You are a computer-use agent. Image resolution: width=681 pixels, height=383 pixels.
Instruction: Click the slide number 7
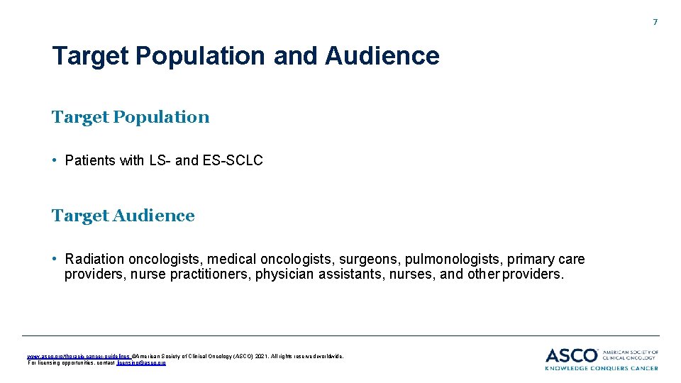tap(655, 23)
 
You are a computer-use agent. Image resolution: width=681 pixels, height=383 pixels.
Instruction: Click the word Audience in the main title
tap(382, 55)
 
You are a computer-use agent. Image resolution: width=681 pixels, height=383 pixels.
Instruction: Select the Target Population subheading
tap(131, 117)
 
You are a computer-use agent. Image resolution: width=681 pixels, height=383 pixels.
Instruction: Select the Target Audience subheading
tap(123, 216)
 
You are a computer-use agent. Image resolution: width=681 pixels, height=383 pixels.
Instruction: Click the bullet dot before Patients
tap(55, 160)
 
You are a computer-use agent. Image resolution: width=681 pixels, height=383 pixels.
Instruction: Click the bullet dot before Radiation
tap(55, 259)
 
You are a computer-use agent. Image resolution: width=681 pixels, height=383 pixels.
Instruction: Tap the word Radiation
tap(94, 260)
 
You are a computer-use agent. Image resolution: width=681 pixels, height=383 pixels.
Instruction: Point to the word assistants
tap(350, 274)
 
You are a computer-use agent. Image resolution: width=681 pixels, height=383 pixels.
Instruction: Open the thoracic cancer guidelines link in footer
tap(78, 356)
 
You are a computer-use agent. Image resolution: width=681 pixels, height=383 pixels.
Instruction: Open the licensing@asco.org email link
tap(141, 362)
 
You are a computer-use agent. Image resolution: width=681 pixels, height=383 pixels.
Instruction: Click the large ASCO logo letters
tap(572, 355)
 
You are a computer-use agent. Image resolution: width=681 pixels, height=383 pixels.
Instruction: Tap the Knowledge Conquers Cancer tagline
tap(602, 367)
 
